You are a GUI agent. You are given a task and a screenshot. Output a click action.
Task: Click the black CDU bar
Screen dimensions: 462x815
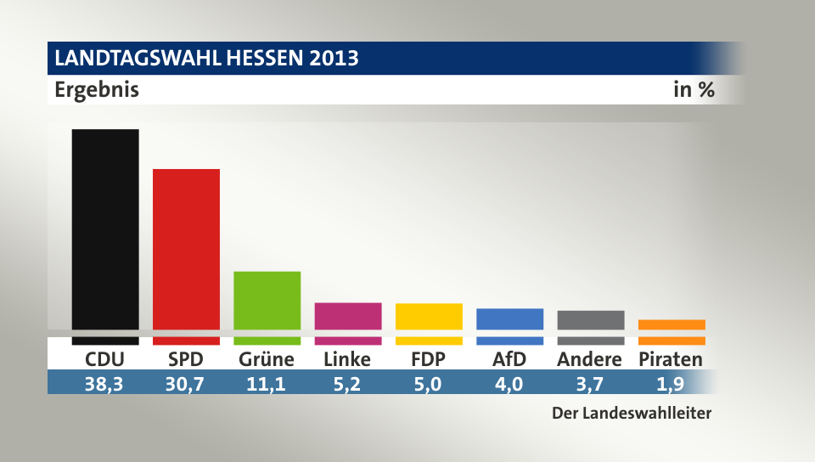[105, 229]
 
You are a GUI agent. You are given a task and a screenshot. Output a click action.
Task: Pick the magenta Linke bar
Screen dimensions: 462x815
[348, 316]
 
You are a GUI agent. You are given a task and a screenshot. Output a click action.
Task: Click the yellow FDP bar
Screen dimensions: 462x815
[429, 316]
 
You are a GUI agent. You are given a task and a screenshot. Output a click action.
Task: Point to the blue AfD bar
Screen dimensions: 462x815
[510, 318]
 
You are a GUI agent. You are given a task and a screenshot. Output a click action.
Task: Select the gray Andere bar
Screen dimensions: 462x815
[591, 320]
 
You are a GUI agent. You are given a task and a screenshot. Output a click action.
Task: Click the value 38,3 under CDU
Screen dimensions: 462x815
[104, 383]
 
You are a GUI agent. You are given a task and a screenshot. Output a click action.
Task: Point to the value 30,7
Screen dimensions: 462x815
[186, 383]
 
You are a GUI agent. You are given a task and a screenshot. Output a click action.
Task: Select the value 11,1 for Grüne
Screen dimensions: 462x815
[267, 383]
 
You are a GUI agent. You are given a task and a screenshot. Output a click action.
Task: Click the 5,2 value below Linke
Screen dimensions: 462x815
[347, 383]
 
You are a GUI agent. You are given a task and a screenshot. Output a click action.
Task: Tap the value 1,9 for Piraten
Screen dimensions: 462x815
[671, 383]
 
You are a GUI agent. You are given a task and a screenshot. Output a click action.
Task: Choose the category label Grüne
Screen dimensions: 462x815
[267, 359]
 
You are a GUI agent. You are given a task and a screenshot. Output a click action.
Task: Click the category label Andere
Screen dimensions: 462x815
[590, 359]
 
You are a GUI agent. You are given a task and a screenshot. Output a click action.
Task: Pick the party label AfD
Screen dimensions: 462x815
[509, 359]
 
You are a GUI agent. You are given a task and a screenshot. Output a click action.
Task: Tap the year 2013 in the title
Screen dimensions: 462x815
[334, 59]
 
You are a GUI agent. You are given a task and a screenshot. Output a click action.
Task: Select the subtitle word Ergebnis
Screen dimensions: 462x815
[96, 89]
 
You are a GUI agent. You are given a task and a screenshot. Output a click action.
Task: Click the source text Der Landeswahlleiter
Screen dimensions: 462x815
[631, 414]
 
